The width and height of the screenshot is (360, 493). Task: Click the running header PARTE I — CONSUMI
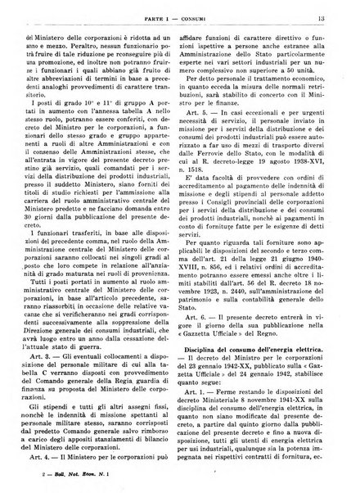click(178, 10)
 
